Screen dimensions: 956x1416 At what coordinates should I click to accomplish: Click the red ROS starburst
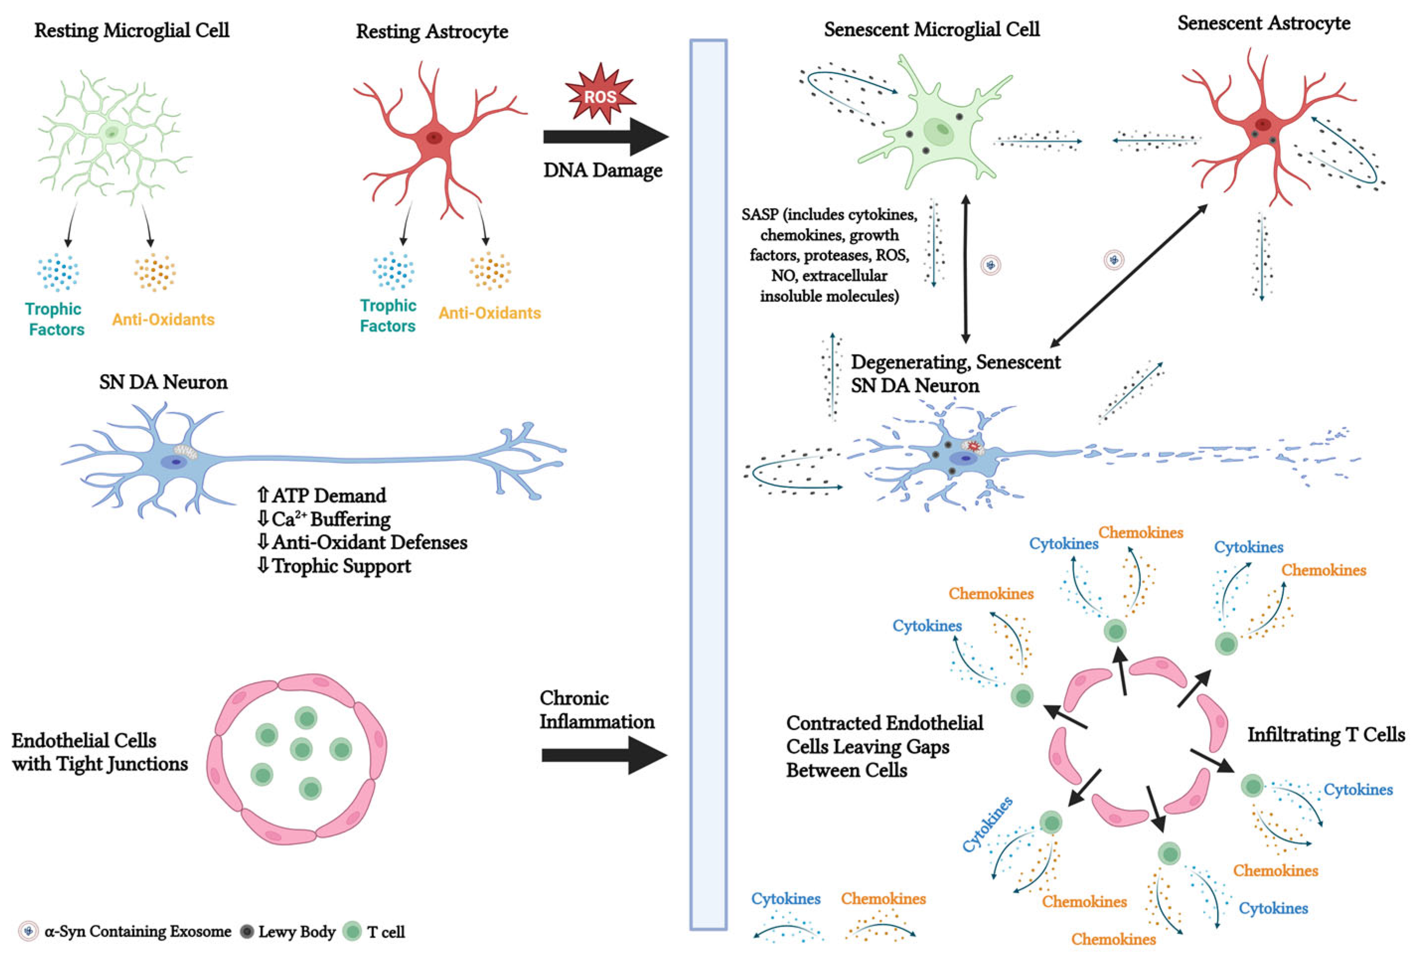point(600,95)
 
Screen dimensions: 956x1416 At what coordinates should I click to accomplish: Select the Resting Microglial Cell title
point(132,30)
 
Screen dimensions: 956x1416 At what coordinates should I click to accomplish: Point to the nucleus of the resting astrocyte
point(434,138)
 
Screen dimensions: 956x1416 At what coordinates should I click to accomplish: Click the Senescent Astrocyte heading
point(1263,23)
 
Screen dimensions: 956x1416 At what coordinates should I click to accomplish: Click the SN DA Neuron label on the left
point(163,382)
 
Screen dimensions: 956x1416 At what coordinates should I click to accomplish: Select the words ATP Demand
point(329,495)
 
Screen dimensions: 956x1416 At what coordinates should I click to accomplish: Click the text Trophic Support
point(341,566)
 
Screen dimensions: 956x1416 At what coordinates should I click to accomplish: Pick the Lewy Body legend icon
point(247,932)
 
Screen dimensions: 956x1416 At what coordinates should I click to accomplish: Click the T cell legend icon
point(352,931)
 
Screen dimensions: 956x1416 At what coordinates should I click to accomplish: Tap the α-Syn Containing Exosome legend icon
point(27,932)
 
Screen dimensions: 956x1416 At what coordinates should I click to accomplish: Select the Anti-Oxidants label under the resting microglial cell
point(163,319)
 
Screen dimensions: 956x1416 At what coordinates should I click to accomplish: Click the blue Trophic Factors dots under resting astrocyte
point(393,271)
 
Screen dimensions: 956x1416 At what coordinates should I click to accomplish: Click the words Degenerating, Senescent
point(956,362)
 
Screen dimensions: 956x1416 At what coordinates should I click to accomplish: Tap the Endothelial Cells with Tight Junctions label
point(100,752)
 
